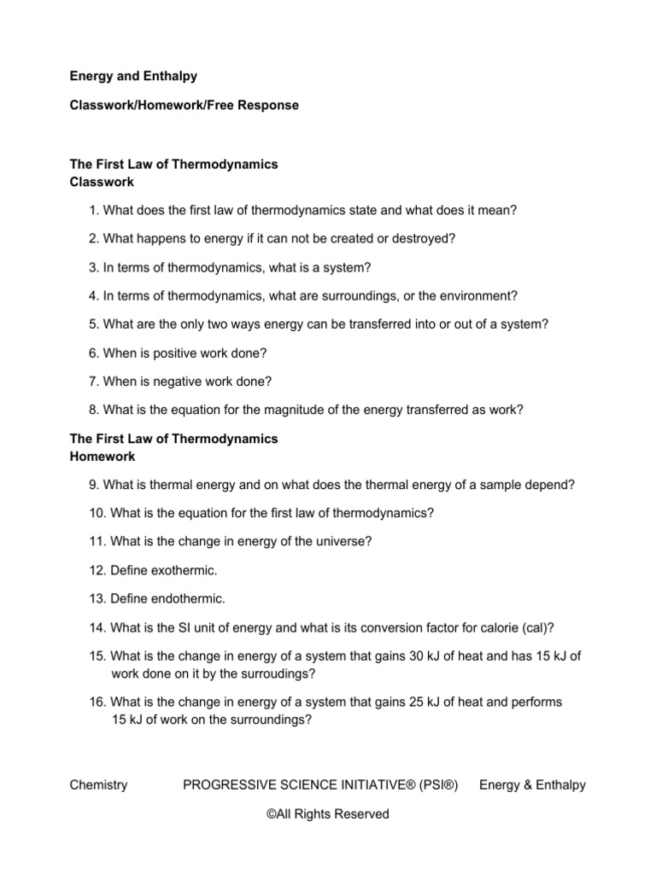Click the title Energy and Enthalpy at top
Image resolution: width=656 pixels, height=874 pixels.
[133, 76]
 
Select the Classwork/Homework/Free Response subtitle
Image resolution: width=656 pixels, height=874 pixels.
[184, 105]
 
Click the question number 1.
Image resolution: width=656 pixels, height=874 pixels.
[92, 210]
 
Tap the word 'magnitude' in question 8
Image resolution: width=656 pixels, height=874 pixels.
[278, 410]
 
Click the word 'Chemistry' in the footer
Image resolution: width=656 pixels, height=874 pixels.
[98, 785]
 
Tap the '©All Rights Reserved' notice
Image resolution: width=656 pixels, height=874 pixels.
[327, 814]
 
